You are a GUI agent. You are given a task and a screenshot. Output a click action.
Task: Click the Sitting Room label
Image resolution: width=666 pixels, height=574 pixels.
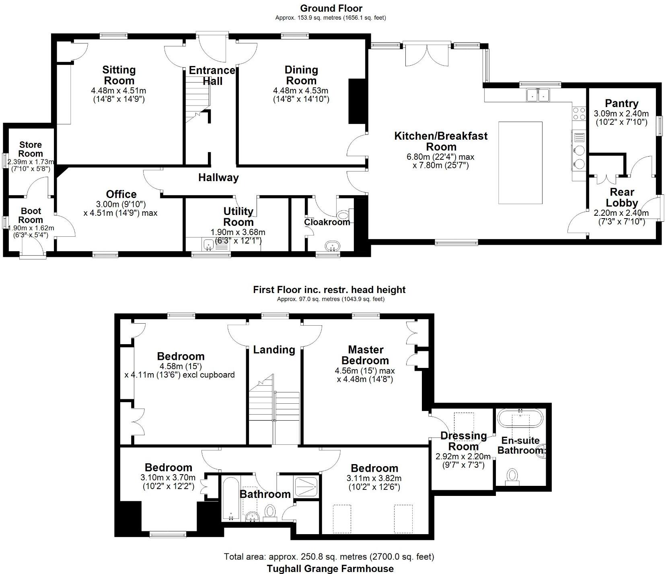pyautogui.click(x=119, y=75)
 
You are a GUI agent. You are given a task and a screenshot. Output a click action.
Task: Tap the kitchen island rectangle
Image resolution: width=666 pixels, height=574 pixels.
pyautogui.click(x=520, y=163)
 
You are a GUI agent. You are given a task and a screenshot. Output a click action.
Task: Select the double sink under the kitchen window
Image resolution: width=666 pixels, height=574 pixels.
pyautogui.click(x=538, y=95)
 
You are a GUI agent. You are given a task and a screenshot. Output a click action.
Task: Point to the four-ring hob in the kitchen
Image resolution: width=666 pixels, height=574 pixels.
pyautogui.click(x=579, y=113)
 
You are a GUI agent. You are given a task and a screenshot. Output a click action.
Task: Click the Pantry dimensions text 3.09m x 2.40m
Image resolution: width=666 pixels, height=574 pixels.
pyautogui.click(x=621, y=114)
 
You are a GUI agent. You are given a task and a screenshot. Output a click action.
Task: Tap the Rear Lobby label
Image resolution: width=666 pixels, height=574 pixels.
pyautogui.click(x=622, y=197)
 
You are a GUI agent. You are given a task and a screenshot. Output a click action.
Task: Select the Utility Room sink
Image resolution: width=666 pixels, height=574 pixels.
pyautogui.click(x=208, y=244)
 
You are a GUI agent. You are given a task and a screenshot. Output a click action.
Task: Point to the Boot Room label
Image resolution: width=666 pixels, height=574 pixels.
pyautogui.click(x=31, y=215)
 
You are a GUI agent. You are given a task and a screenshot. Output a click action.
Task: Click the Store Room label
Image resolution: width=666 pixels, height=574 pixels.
pyautogui.click(x=31, y=149)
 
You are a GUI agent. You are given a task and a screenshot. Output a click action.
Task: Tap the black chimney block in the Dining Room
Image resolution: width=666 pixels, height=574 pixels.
pyautogui.click(x=355, y=101)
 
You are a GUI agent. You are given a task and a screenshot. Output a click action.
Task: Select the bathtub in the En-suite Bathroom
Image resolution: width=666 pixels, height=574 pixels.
pyautogui.click(x=520, y=419)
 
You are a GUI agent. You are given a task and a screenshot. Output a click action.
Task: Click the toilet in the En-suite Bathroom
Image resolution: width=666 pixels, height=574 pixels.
pyautogui.click(x=512, y=476)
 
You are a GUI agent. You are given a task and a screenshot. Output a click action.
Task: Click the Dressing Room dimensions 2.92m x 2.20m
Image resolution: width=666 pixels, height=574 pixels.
pyautogui.click(x=463, y=456)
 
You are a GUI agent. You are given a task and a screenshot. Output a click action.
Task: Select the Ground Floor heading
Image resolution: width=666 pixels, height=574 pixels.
pyautogui.click(x=331, y=8)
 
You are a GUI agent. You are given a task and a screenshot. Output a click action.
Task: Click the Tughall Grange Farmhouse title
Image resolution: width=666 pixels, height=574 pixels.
pyautogui.click(x=330, y=568)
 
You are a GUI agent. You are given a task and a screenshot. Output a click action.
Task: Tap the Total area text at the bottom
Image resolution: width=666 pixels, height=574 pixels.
pyautogui.click(x=329, y=557)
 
